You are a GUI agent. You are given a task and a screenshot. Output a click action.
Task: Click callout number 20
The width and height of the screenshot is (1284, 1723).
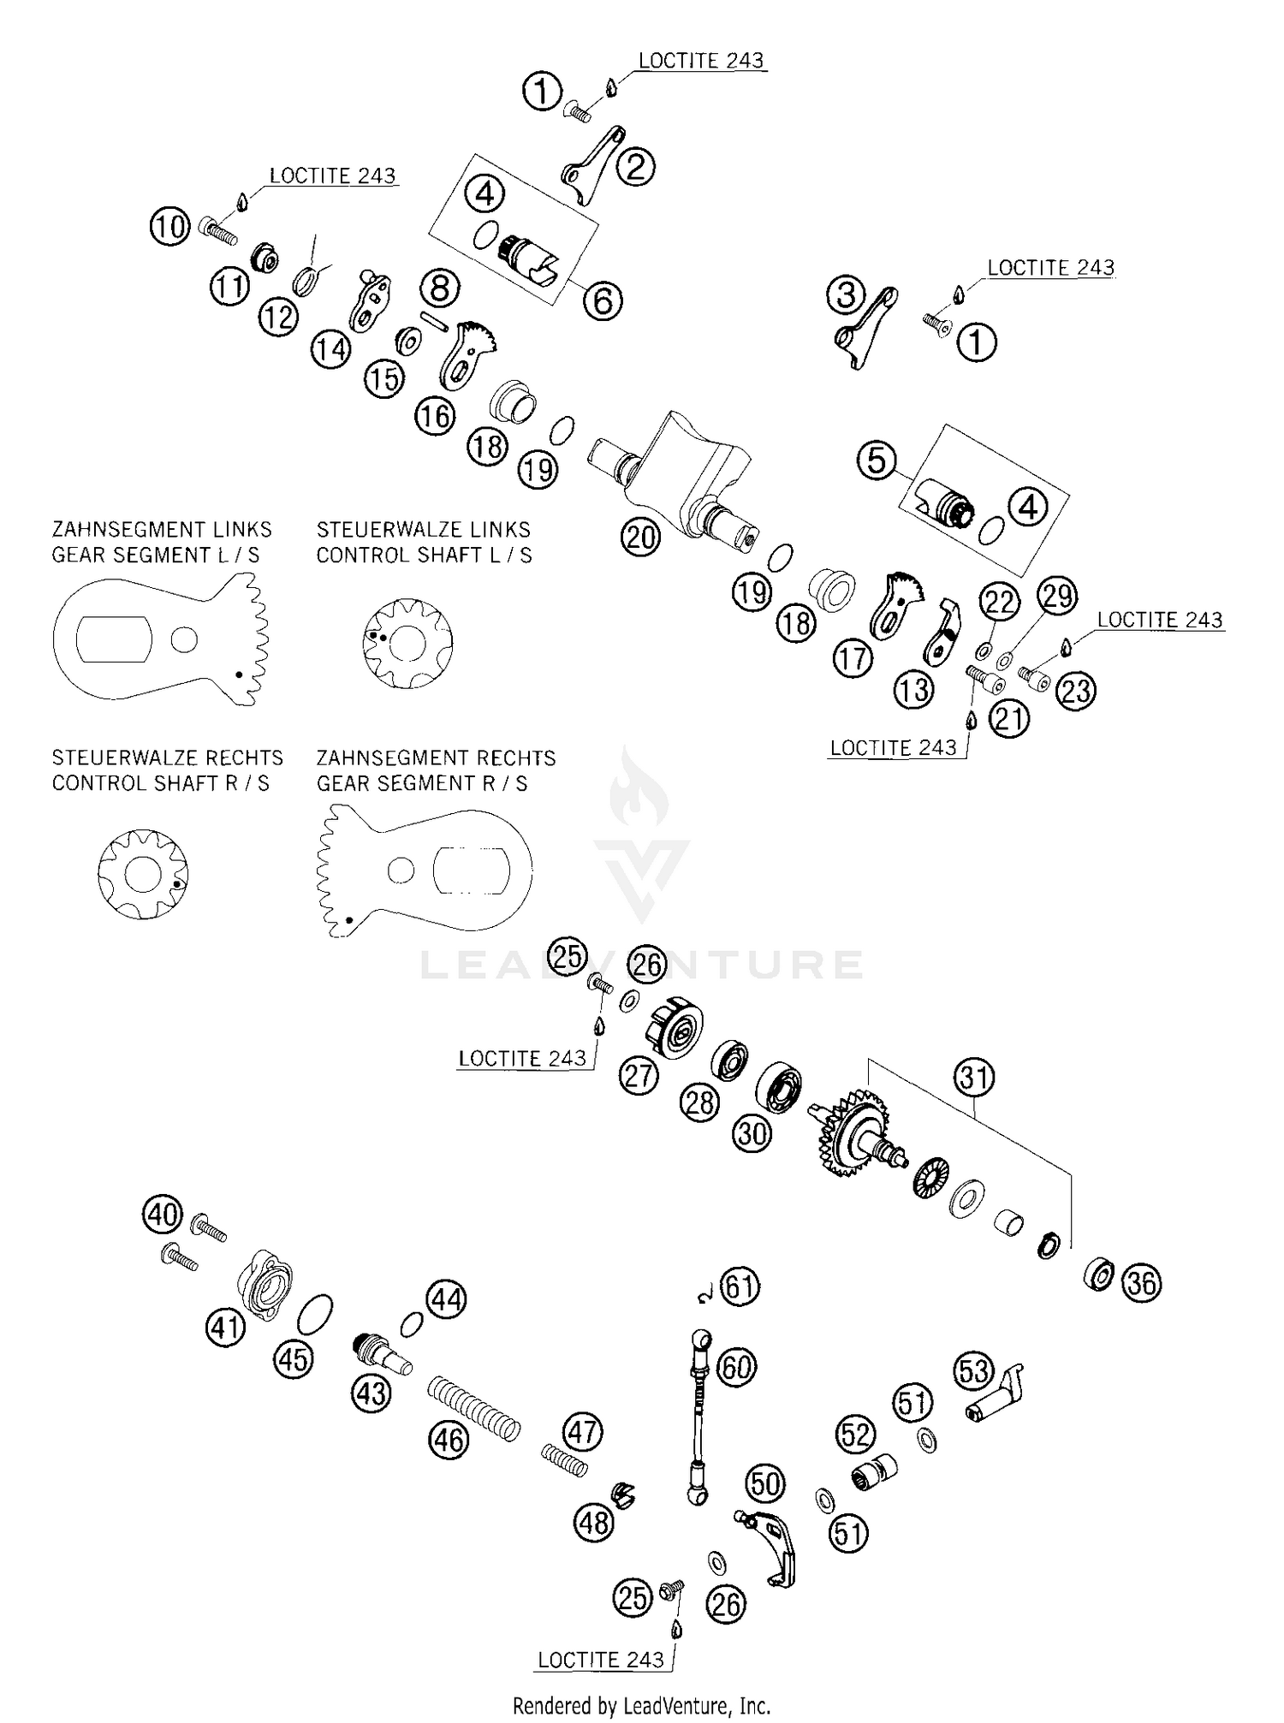point(640,538)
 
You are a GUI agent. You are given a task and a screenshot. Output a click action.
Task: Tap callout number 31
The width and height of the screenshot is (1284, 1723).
point(974,1078)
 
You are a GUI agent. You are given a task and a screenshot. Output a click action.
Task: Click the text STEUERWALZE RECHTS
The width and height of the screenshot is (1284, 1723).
point(167,758)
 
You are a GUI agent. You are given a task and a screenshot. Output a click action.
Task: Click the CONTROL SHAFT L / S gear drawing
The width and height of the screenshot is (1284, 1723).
point(407,643)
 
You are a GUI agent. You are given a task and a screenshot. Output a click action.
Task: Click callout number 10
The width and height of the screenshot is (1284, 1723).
point(169,228)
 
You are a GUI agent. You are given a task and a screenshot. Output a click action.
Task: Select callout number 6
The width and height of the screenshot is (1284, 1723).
point(603,300)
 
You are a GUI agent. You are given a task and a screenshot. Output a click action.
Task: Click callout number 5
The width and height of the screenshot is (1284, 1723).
point(877,460)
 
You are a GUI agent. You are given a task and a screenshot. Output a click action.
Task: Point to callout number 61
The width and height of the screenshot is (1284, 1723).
point(740,1286)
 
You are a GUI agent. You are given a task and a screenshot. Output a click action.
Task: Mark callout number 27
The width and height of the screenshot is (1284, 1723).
point(639,1075)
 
